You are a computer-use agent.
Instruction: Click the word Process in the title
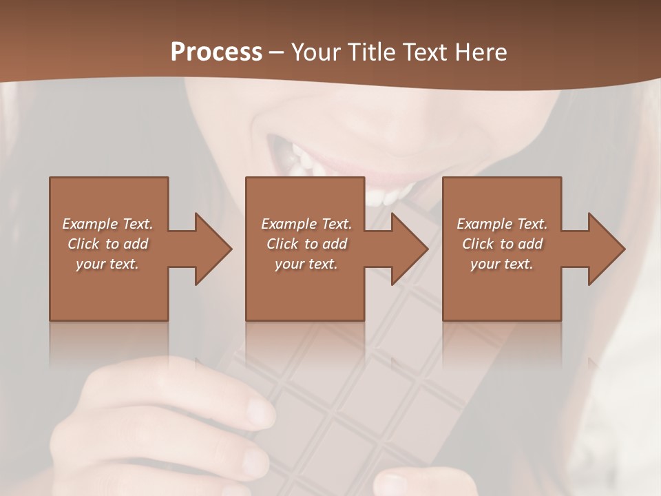216,52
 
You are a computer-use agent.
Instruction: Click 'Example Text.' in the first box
107,224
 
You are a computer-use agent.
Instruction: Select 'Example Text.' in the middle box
306,224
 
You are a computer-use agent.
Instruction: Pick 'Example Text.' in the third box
502,224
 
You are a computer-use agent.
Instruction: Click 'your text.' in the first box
107,264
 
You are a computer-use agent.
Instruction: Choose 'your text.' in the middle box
306,264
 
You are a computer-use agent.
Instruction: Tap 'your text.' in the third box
502,264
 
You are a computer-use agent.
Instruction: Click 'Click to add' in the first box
107,244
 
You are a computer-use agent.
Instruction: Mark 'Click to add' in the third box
502,244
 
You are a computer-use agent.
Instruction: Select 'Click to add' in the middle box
306,244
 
